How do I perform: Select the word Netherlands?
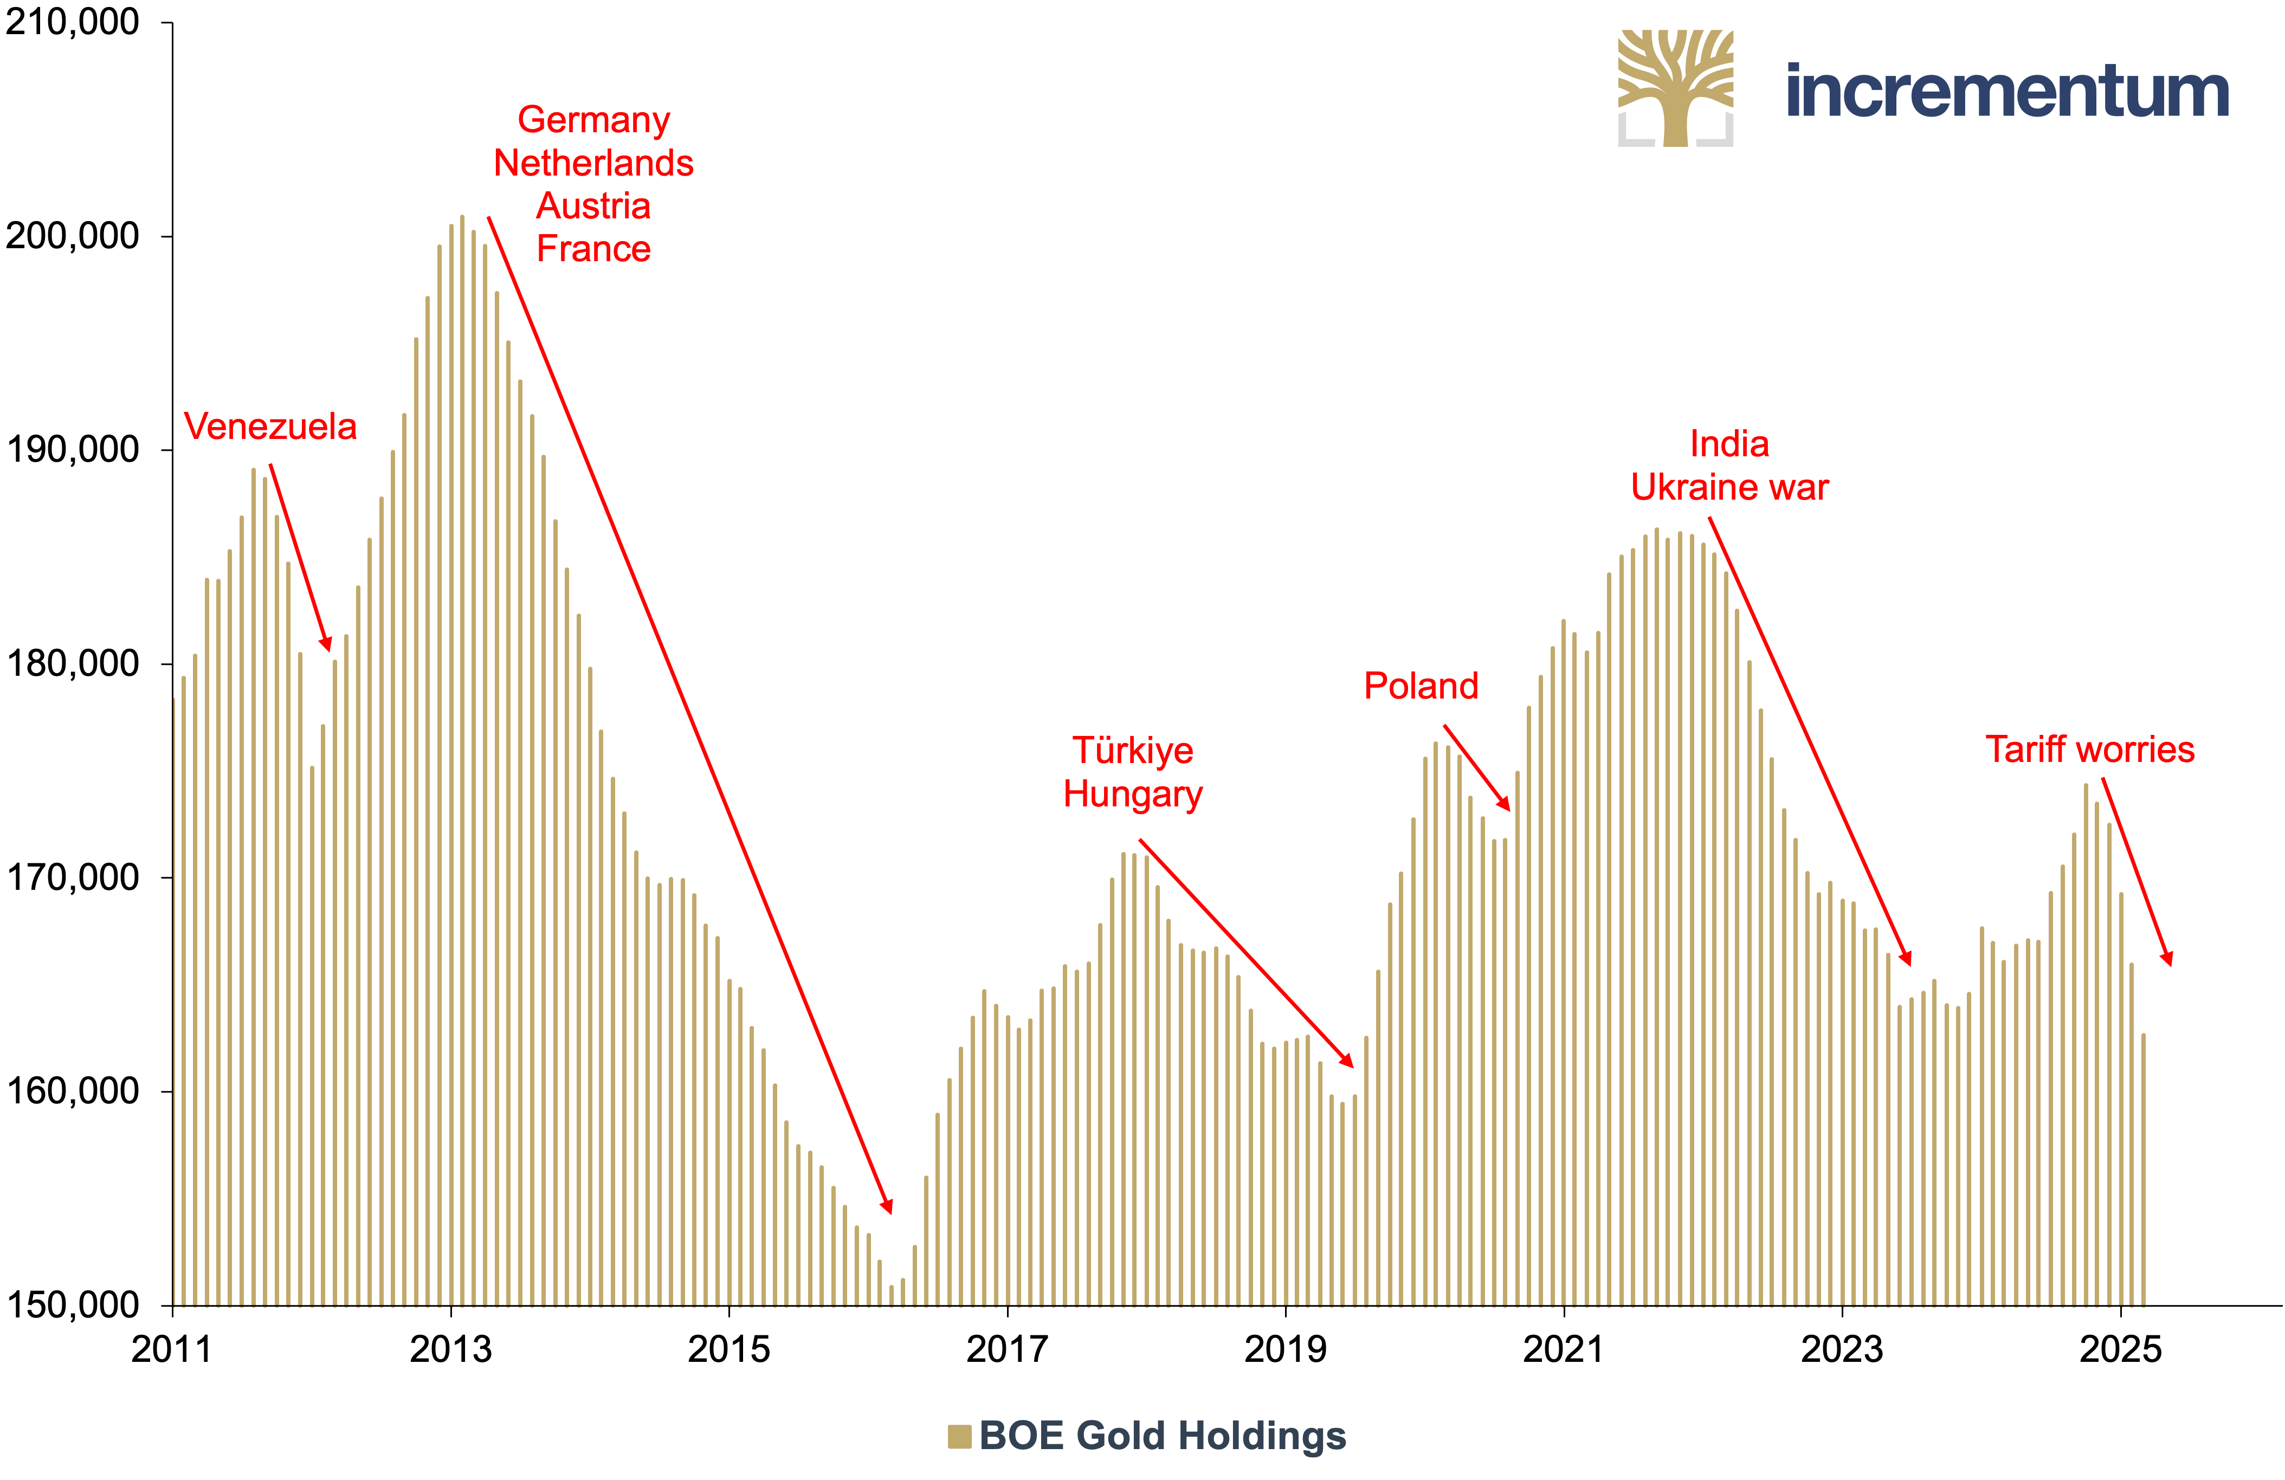[593, 163]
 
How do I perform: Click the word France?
[593, 249]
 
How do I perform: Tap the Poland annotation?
[1421, 686]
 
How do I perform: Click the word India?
[1729, 444]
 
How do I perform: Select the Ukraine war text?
[1729, 488]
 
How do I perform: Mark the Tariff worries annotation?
[2090, 749]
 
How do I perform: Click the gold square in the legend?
[959, 1436]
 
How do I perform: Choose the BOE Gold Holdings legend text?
[1163, 1436]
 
